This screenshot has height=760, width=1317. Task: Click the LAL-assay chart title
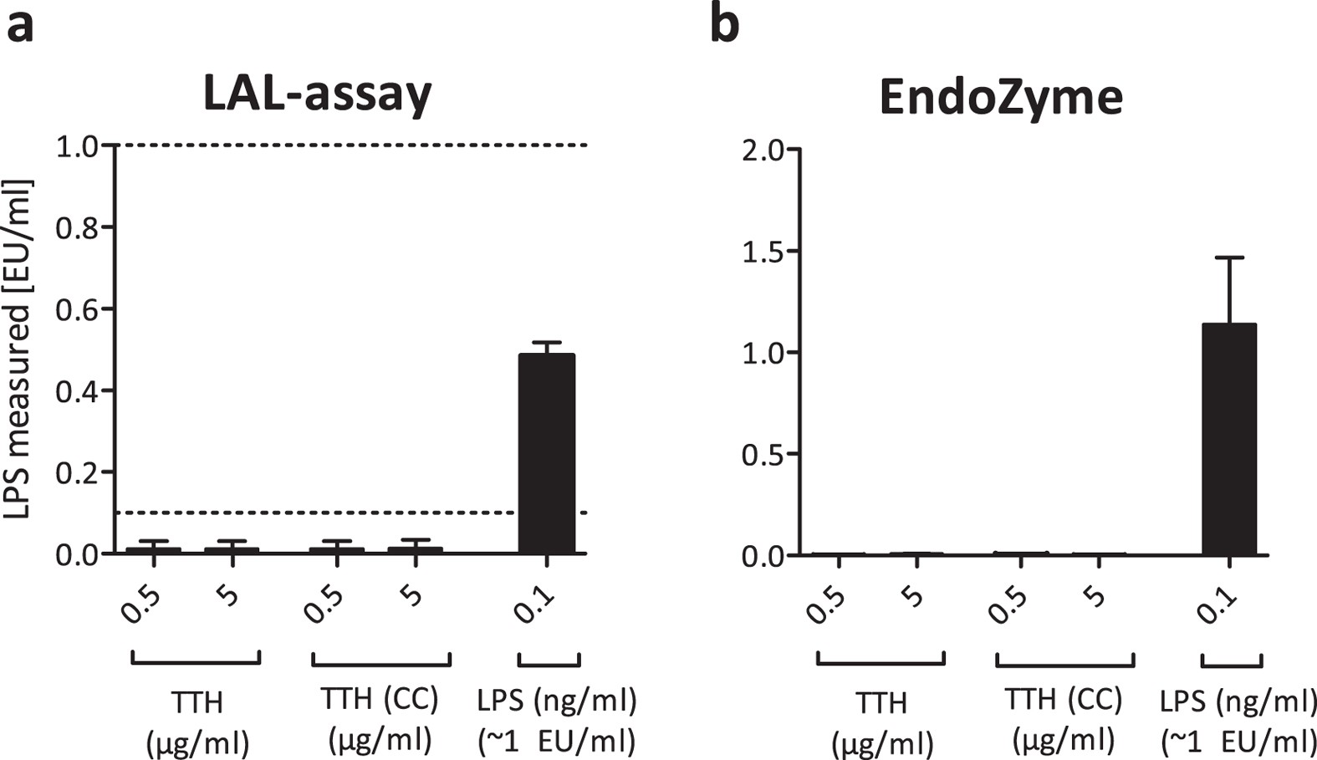[x=318, y=94]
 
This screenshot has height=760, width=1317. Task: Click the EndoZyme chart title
[x=1001, y=97]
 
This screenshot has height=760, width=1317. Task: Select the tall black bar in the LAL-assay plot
[x=547, y=453]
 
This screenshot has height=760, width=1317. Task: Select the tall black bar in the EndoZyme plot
[x=1229, y=439]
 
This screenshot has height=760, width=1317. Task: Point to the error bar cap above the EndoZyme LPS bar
[x=1229, y=258]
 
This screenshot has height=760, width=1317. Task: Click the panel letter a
[x=20, y=25]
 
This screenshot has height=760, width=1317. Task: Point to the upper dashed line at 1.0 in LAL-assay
[x=351, y=145]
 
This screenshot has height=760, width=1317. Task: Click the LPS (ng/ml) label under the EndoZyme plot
[x=1238, y=701]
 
